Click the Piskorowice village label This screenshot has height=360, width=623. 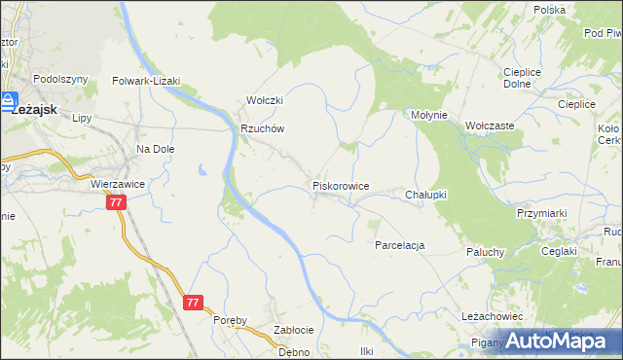tap(340, 185)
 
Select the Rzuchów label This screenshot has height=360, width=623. tap(262, 128)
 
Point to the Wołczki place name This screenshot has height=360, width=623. tap(264, 100)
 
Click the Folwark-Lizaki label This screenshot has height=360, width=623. tap(147, 82)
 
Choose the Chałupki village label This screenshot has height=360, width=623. tap(425, 195)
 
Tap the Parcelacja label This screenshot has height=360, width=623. tap(400, 245)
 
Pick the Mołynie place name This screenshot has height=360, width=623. tap(428, 115)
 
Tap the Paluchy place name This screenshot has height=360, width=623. tap(484, 251)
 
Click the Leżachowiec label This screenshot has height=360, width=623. tap(494, 317)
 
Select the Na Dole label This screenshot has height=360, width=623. tap(155, 149)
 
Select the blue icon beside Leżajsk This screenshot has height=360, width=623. tap(9, 100)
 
